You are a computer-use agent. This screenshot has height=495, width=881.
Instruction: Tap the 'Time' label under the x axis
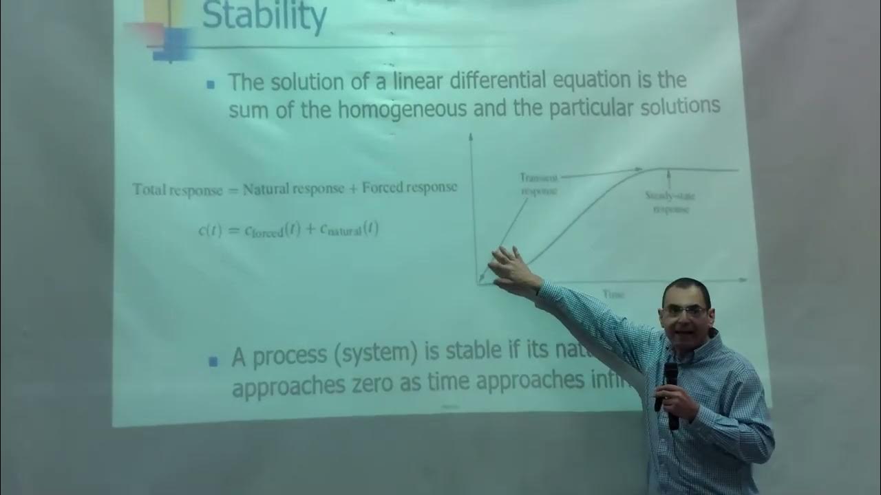(x=613, y=294)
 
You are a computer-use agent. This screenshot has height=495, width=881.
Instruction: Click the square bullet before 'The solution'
(x=211, y=84)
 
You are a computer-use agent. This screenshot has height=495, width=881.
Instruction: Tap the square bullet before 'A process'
(x=213, y=360)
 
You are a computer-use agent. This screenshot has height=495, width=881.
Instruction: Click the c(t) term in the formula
(x=209, y=232)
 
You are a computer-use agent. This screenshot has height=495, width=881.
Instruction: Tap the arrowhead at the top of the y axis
(x=471, y=136)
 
